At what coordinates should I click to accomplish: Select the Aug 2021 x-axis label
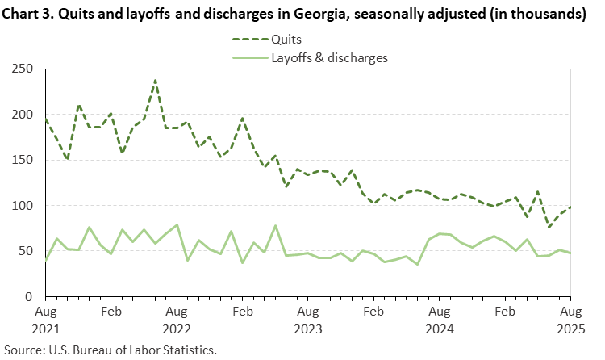pyautogui.click(x=46, y=319)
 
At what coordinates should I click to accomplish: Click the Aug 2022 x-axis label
pyautogui.click(x=177, y=319)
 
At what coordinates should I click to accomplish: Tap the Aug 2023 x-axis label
pyautogui.click(x=308, y=319)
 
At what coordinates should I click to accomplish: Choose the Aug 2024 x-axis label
pyautogui.click(x=440, y=319)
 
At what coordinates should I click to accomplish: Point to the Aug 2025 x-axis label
pyautogui.click(x=570, y=319)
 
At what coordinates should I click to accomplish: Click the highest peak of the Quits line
pyautogui.click(x=155, y=80)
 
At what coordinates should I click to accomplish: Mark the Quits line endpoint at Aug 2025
pyautogui.click(x=571, y=207)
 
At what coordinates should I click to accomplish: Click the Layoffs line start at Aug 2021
pyautogui.click(x=46, y=260)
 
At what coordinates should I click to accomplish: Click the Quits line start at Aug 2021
pyautogui.click(x=46, y=119)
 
